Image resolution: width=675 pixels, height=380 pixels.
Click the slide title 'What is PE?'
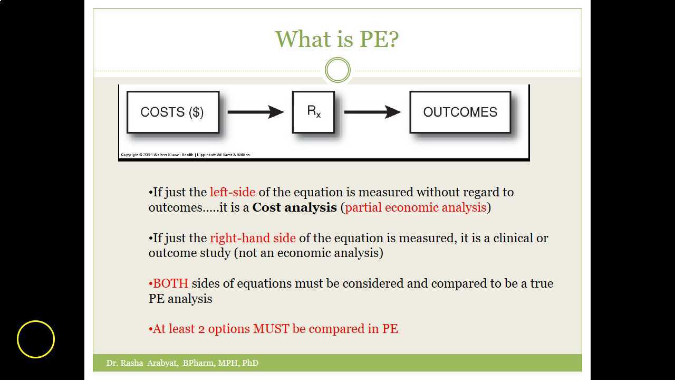point(337,39)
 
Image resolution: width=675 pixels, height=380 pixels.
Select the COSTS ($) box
point(172,112)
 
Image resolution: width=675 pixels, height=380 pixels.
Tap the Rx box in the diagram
point(313,112)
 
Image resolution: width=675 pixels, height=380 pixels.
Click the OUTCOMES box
point(460,112)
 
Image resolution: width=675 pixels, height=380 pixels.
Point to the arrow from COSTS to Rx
point(255,112)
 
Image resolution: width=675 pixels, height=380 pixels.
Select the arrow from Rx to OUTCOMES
point(372,112)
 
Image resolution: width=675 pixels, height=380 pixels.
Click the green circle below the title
point(337,70)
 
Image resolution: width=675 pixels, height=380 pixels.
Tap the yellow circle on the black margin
point(36,339)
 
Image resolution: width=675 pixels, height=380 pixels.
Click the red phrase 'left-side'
point(232,192)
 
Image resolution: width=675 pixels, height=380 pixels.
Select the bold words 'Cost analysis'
point(294,207)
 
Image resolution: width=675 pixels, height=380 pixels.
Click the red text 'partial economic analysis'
point(416,207)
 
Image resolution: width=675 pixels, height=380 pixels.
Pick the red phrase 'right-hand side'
point(253,238)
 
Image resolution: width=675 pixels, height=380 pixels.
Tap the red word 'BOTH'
point(170,283)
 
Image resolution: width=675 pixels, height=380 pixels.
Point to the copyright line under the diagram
point(185,155)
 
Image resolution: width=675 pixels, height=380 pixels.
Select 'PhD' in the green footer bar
point(250,363)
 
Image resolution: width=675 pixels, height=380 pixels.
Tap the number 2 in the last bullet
point(201,329)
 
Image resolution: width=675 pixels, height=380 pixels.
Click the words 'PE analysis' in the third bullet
point(180,299)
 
